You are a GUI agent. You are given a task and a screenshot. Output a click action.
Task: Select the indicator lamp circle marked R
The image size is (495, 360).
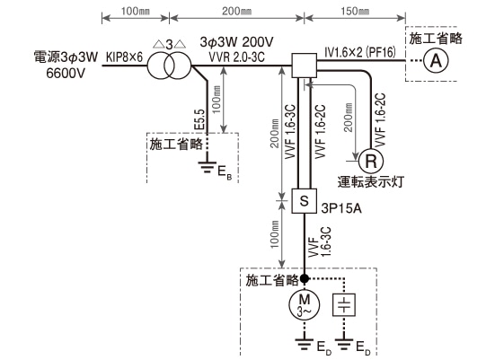click(x=369, y=162)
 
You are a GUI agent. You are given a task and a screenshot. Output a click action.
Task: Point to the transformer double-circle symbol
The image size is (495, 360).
click(x=169, y=64)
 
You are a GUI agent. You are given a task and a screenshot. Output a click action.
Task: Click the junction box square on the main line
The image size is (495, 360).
click(x=305, y=65)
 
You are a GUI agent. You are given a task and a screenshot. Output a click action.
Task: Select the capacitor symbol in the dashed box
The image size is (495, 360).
click(x=344, y=305)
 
